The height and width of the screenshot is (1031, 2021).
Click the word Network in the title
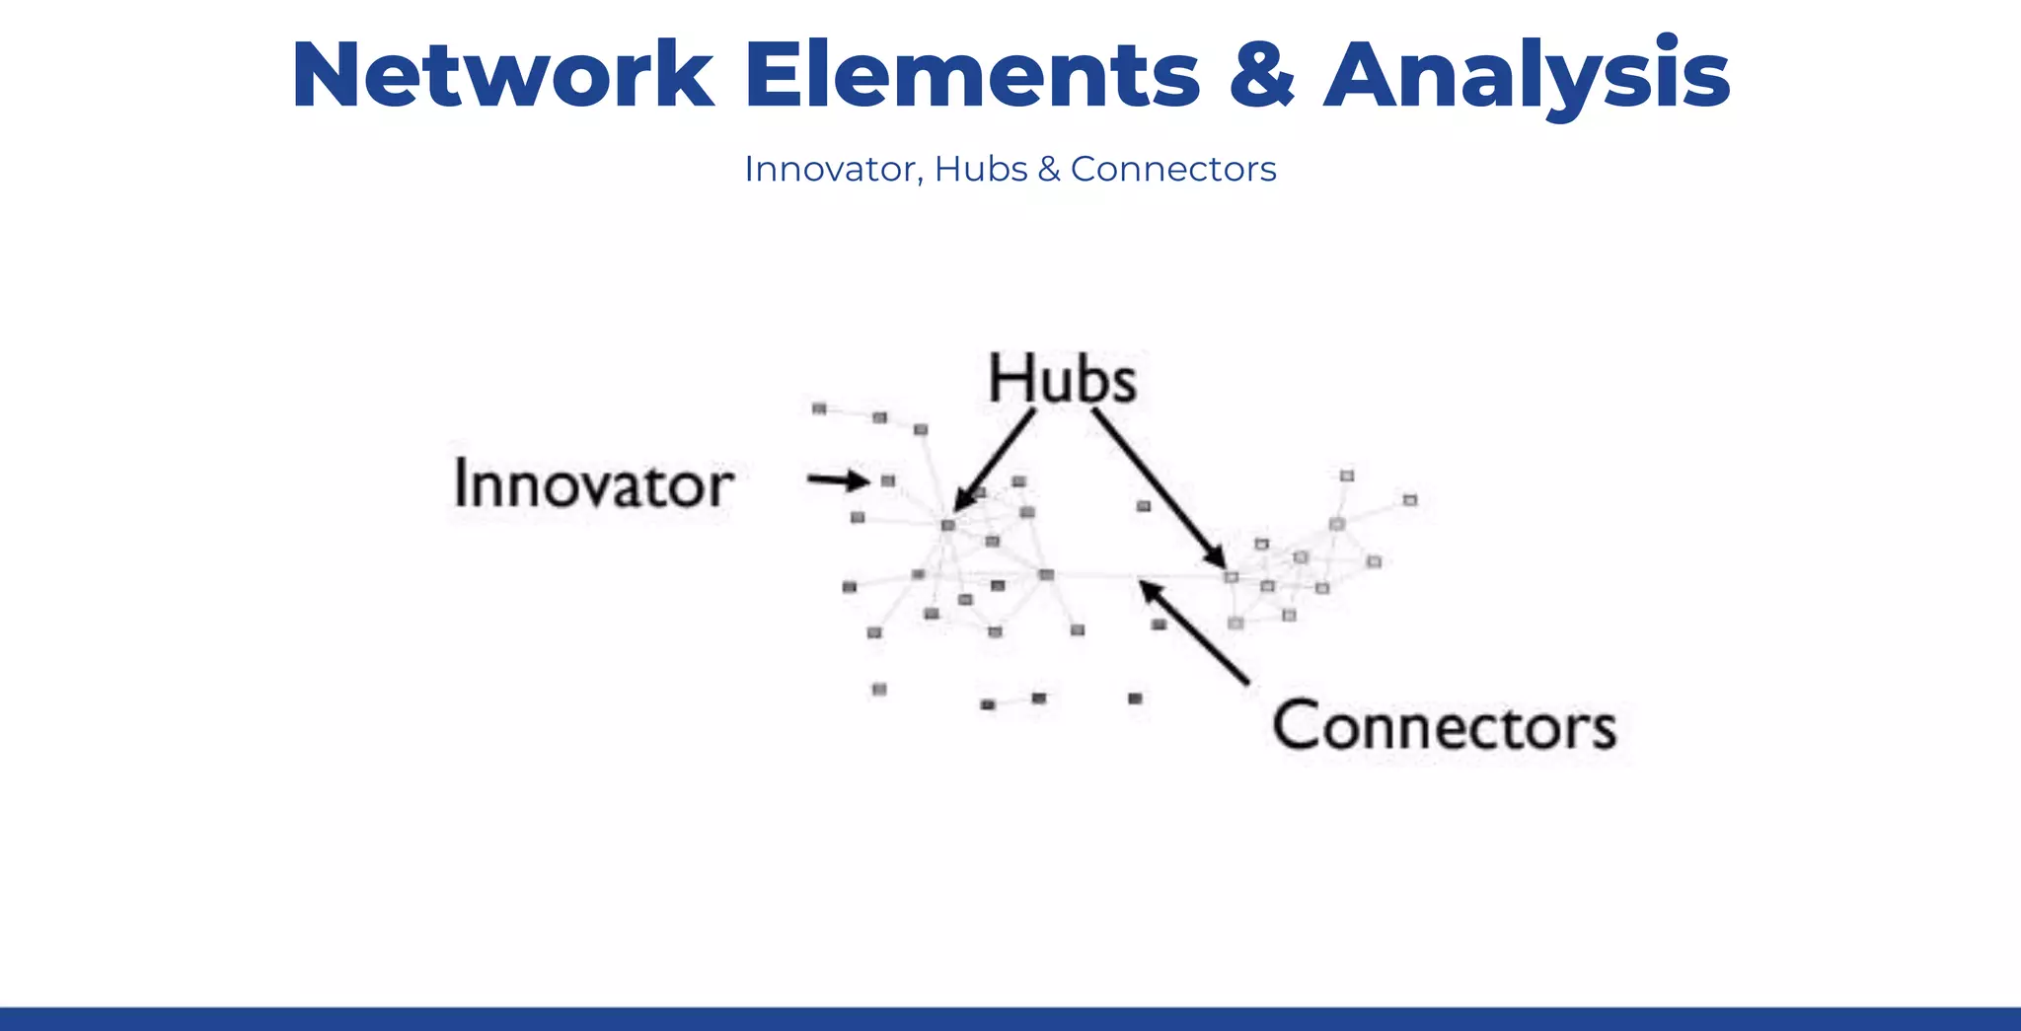502,76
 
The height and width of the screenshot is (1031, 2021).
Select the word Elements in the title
972,76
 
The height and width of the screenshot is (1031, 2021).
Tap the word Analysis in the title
1527,76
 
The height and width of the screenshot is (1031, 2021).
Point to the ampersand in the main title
1262,76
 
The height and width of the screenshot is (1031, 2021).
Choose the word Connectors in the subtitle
1173,170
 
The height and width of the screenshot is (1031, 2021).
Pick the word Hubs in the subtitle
982,170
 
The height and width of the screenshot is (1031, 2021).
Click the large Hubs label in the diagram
1062,380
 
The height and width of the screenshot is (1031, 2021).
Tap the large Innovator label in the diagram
593,484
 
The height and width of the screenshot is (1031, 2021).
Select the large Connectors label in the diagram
1444,727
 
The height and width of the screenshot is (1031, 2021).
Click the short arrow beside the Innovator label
837,480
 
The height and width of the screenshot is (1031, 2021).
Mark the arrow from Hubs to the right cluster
1159,488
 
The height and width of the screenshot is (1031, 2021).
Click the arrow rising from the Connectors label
1193,631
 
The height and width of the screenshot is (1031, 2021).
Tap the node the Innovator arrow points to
888,480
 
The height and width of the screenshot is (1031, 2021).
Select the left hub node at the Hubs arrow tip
948,525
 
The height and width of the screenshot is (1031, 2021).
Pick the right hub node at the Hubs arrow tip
1231,576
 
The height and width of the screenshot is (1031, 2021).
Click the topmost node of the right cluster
1347,476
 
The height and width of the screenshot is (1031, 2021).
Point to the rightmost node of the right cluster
1410,500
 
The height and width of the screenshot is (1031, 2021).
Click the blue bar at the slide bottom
1010,1019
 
